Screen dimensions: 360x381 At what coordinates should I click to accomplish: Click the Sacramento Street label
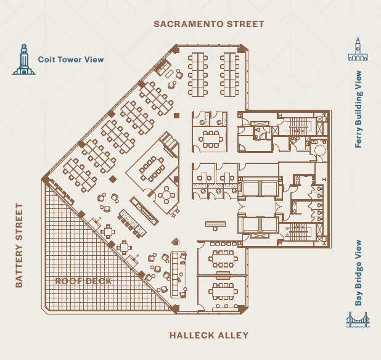pyautogui.click(x=200, y=24)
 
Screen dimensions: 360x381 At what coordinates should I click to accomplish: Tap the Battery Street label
pyautogui.click(x=19, y=245)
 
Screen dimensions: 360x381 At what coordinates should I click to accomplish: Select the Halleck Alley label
pyautogui.click(x=209, y=335)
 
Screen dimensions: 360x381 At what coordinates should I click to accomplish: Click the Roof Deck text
pyautogui.click(x=84, y=281)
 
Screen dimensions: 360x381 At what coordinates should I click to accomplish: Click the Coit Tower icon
pyautogui.click(x=23, y=60)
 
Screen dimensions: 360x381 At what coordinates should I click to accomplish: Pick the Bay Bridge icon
pyautogui.click(x=358, y=321)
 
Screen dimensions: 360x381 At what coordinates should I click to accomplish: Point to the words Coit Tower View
pyautogui.click(x=71, y=60)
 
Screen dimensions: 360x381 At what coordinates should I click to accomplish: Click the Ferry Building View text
pyautogui.click(x=358, y=109)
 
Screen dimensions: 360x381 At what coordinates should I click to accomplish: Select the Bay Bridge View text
pyautogui.click(x=358, y=273)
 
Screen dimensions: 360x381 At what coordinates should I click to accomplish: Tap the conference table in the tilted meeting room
pyautogui.click(x=151, y=167)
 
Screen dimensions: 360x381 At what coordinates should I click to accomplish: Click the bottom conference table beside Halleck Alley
pyautogui.click(x=222, y=289)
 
